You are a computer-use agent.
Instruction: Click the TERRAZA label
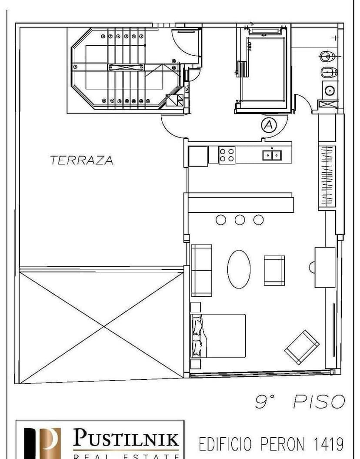[81, 160]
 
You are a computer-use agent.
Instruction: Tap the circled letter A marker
[269, 125]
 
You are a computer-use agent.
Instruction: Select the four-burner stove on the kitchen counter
[227, 155]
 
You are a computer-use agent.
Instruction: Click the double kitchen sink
[272, 154]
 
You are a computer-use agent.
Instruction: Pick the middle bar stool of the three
[240, 220]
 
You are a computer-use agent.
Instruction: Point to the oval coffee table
[239, 269]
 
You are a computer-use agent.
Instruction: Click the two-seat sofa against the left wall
[201, 270]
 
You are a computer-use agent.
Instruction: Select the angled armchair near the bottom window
[302, 347]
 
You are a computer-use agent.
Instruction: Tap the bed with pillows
[218, 335]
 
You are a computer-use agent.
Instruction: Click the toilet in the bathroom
[327, 56]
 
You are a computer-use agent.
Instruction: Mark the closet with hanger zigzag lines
[327, 176]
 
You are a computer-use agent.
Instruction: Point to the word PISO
[319, 402]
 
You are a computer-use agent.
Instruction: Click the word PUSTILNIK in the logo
[126, 437]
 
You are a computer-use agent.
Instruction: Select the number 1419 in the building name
[328, 444]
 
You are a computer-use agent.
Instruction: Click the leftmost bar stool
[221, 220]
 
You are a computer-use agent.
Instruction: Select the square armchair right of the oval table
[274, 270]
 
